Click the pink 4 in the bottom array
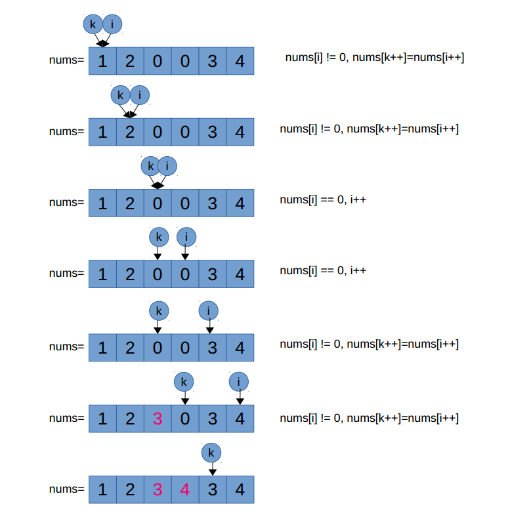pyautogui.click(x=185, y=489)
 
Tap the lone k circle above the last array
pyautogui.click(x=211, y=452)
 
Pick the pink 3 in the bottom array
pyautogui.click(x=158, y=489)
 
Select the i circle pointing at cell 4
pyautogui.click(x=239, y=381)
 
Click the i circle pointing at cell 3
pyautogui.click(x=209, y=310)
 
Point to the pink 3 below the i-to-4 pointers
pyautogui.click(x=158, y=418)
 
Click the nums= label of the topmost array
pyautogui.click(x=67, y=61)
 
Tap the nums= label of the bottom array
pyautogui.click(x=67, y=489)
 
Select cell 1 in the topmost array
pyautogui.click(x=102, y=61)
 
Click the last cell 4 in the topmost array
pyautogui.click(x=240, y=61)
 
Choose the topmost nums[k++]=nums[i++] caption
pyautogui.click(x=375, y=58)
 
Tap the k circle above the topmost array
pyautogui.click(x=93, y=24)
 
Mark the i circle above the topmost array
pyautogui.click(x=112, y=24)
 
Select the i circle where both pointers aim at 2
pyautogui.click(x=139, y=95)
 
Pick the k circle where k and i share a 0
pyautogui.click(x=150, y=166)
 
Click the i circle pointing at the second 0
pyautogui.click(x=186, y=237)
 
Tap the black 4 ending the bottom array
pyautogui.click(x=240, y=489)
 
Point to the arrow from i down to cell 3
pyautogui.click(x=209, y=326)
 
